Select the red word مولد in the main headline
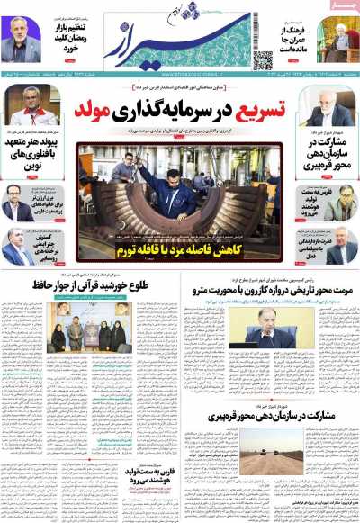click(122, 111)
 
